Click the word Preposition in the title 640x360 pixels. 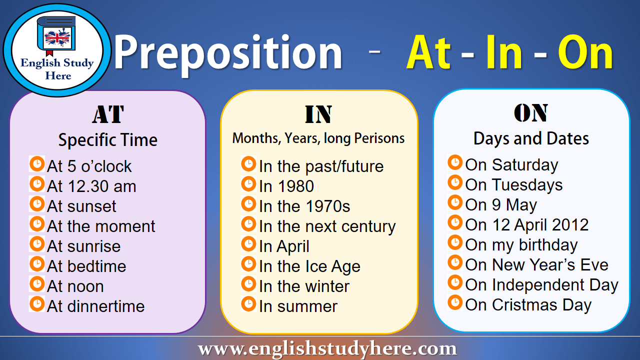(x=228, y=53)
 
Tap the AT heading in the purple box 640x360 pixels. (x=108, y=114)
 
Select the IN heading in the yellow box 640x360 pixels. (x=318, y=114)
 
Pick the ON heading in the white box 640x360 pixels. (x=531, y=113)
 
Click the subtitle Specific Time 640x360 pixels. (x=108, y=140)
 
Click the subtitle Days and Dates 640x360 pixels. (x=531, y=138)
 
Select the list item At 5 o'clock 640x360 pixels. (x=89, y=166)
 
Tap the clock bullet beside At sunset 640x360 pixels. (x=37, y=204)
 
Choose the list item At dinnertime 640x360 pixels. (x=95, y=306)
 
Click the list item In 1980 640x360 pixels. (x=286, y=186)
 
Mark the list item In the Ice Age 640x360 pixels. (x=309, y=266)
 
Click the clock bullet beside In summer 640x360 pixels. (x=248, y=304)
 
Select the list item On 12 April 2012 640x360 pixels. (x=527, y=225)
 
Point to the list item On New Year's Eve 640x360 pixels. (x=536, y=265)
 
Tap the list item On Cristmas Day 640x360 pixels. (x=528, y=305)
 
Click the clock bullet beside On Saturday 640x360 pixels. (x=455, y=163)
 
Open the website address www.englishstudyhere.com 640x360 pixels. (x=327, y=348)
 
